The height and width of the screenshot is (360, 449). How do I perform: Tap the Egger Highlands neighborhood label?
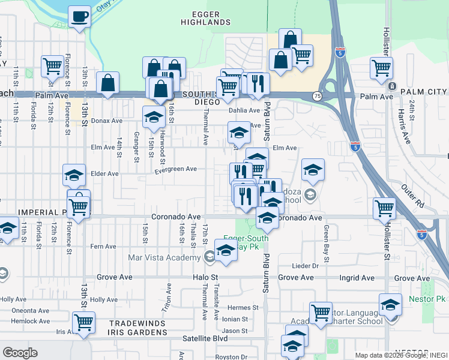[x=206, y=18]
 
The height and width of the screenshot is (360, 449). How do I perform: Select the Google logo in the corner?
[x=20, y=353]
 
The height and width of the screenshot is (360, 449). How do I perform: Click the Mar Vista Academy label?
[x=164, y=258]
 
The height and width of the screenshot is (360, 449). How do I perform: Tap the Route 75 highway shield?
[x=316, y=96]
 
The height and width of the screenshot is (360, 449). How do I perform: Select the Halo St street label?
[x=205, y=278]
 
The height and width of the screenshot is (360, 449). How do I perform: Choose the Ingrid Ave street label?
[x=357, y=278]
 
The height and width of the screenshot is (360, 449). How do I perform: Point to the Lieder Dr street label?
[x=305, y=266]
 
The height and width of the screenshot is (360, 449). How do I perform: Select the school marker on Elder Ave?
[x=74, y=175]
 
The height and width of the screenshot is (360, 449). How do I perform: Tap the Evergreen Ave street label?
[x=176, y=169]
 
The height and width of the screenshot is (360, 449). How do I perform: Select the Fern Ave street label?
[x=103, y=247]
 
